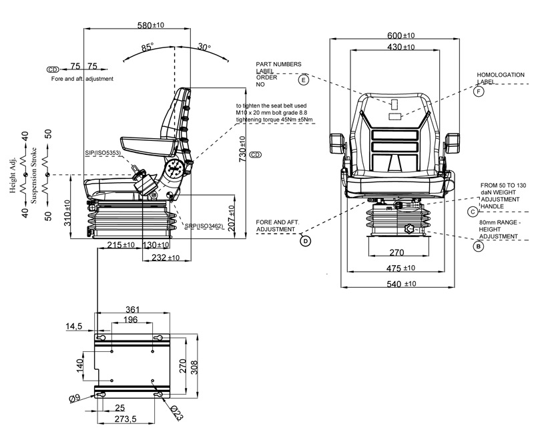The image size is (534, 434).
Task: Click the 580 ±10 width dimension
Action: (151, 25)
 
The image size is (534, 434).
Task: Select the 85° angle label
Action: (148, 47)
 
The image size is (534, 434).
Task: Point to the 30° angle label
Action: (204, 47)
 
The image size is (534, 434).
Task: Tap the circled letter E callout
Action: (303, 80)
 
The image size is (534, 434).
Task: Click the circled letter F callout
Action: (479, 91)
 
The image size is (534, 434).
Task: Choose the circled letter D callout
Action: (306, 241)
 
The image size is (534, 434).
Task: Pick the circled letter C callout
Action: (473, 212)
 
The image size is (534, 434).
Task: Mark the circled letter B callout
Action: (479, 246)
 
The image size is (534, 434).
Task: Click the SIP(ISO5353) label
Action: (103, 153)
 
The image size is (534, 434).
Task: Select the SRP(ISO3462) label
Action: (204, 226)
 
